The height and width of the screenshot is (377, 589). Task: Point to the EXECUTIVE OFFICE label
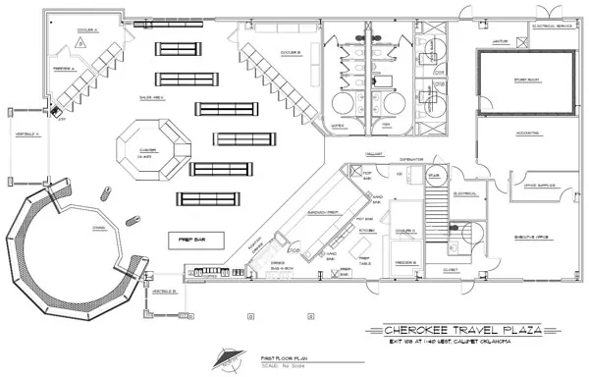coord(531,237)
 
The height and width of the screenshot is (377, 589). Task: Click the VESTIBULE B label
coord(164,291)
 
